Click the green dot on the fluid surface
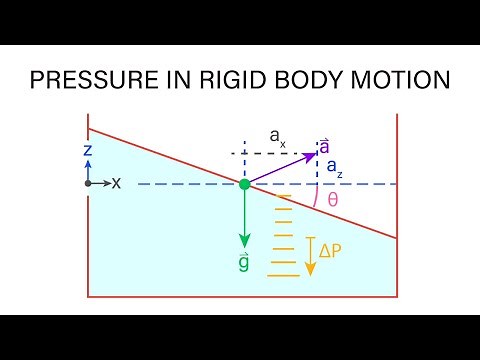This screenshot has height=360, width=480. coord(244,184)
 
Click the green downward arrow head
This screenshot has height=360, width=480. coord(244,242)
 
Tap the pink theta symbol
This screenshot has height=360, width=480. coord(333,199)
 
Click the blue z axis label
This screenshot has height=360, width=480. coord(89,149)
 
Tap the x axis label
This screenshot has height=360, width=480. coord(116,184)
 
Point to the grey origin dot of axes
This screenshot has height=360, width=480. coord(89,184)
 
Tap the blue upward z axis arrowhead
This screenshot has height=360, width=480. coord(89,160)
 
